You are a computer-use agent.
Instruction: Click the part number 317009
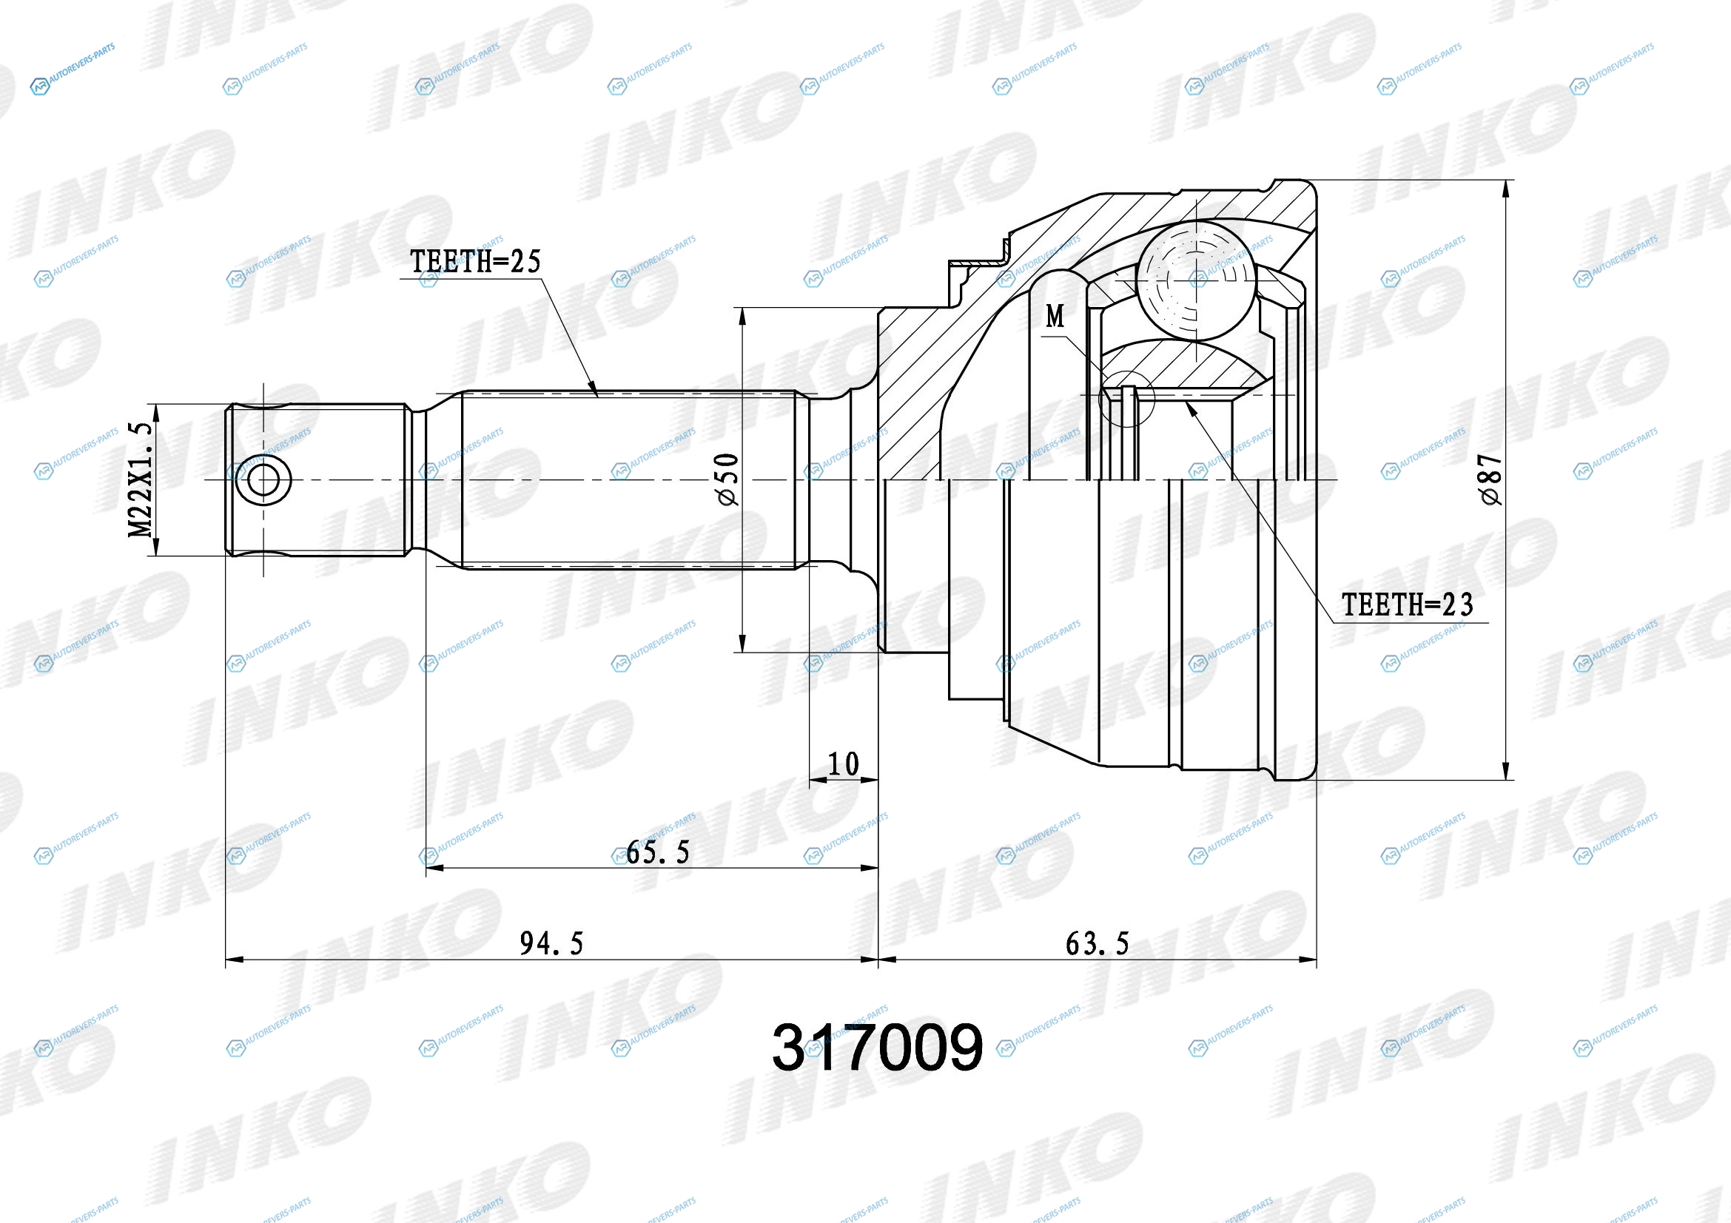click(x=878, y=1047)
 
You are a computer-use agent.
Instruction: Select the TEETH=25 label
click(x=476, y=261)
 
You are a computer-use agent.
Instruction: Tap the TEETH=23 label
click(x=1407, y=604)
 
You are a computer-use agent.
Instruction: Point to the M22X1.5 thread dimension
click(x=140, y=480)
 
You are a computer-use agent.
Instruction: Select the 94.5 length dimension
click(x=552, y=943)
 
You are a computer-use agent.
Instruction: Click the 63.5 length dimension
click(x=1098, y=943)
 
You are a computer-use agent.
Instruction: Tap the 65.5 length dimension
click(x=658, y=852)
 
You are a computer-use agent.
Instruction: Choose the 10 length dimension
click(x=844, y=764)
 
